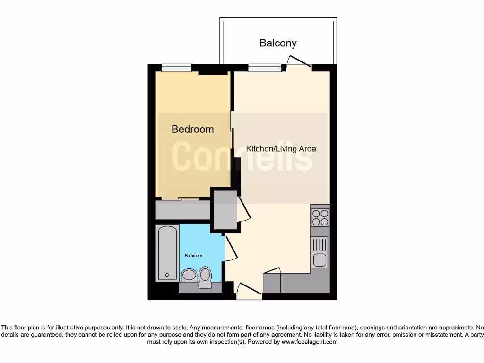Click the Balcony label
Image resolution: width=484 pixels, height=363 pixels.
pos(278,43)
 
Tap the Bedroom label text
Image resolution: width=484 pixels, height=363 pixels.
pos(192,129)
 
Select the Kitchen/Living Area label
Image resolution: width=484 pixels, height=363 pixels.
pos(281,148)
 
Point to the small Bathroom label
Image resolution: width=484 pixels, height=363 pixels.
pos(193,256)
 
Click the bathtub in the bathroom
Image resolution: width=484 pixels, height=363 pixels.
pos(167,253)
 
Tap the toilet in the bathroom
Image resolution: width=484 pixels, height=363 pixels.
pos(205,277)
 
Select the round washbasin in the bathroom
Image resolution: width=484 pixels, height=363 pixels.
pos(189,276)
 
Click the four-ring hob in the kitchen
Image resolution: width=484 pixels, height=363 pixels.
pos(320,217)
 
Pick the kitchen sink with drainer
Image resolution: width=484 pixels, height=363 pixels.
pos(320,252)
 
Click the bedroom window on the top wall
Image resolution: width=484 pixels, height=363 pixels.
pos(176,68)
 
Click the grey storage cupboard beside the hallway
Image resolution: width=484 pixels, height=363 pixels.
pos(225,209)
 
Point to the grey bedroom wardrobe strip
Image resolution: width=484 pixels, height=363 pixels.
pos(182,210)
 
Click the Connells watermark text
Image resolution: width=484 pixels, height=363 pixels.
pos(242,156)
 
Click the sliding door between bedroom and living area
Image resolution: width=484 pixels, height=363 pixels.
pos(232,130)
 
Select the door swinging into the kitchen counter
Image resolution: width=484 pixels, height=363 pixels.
pos(273,271)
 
